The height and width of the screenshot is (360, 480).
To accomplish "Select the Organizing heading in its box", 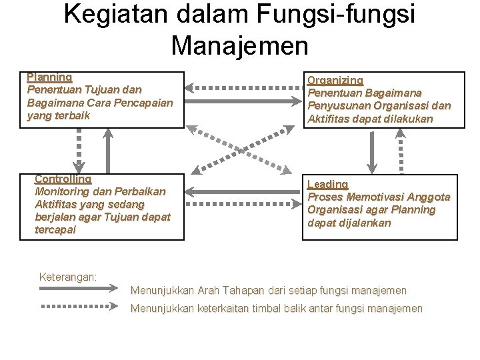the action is click(335, 80).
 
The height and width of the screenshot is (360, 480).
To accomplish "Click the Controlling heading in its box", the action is click(63, 179).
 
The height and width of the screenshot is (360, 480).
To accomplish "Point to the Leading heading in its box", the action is click(327, 184).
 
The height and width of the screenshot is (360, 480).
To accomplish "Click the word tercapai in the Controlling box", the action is click(55, 230).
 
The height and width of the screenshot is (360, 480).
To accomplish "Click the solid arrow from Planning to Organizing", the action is click(244, 101).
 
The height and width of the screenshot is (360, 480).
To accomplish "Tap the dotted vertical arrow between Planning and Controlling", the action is click(79, 149).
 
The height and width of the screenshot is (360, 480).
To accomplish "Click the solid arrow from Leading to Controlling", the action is click(244, 191).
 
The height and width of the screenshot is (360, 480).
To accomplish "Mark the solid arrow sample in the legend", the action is click(79, 289).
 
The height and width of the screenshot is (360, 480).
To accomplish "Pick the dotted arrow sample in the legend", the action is click(79, 307).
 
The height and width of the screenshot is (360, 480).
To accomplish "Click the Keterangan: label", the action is click(68, 277).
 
